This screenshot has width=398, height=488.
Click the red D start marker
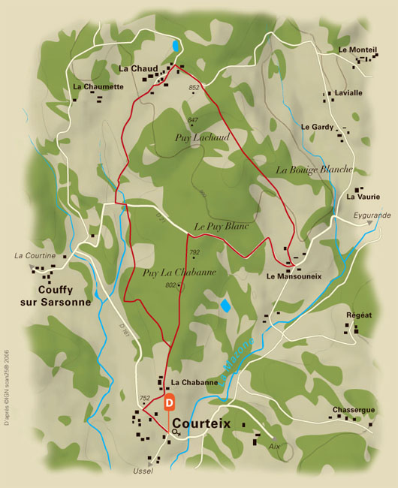click(170, 402)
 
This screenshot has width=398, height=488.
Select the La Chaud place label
click(138, 68)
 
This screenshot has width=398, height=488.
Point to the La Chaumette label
click(98, 86)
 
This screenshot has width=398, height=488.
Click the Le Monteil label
click(357, 50)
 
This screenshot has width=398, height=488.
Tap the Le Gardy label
click(317, 127)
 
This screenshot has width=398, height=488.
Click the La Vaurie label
click(363, 197)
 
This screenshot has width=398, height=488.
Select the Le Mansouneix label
click(294, 276)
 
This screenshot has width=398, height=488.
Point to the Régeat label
click(359, 315)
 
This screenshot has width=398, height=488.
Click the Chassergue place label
click(352, 411)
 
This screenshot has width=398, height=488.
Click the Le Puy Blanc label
click(221, 225)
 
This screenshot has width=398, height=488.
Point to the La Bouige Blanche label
click(314, 170)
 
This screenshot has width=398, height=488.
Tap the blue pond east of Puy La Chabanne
click(225, 306)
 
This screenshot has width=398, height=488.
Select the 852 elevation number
click(194, 88)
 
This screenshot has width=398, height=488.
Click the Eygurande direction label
click(372, 215)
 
